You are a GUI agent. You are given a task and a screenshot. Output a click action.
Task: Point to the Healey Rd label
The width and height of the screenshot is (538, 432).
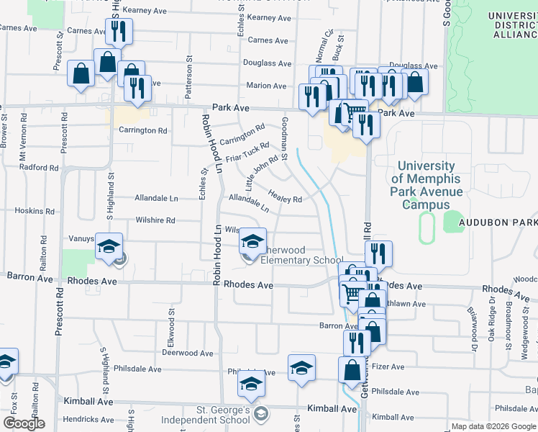[x=285, y=196]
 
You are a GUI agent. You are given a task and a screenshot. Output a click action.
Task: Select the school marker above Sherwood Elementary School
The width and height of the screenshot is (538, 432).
[x=252, y=242]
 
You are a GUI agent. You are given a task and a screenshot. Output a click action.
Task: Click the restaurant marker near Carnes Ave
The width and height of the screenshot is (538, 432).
[x=117, y=32]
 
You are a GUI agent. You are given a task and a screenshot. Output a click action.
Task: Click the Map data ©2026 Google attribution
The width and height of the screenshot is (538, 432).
[x=493, y=426]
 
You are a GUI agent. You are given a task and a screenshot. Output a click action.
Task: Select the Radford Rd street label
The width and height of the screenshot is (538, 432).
[x=39, y=168]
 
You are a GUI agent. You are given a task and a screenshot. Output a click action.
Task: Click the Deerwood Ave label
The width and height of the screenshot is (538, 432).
[x=188, y=354]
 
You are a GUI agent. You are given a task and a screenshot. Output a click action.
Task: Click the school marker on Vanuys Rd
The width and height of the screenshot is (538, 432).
[x=109, y=246]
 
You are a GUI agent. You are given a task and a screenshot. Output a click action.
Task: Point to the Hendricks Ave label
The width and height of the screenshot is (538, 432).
[x=87, y=419]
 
